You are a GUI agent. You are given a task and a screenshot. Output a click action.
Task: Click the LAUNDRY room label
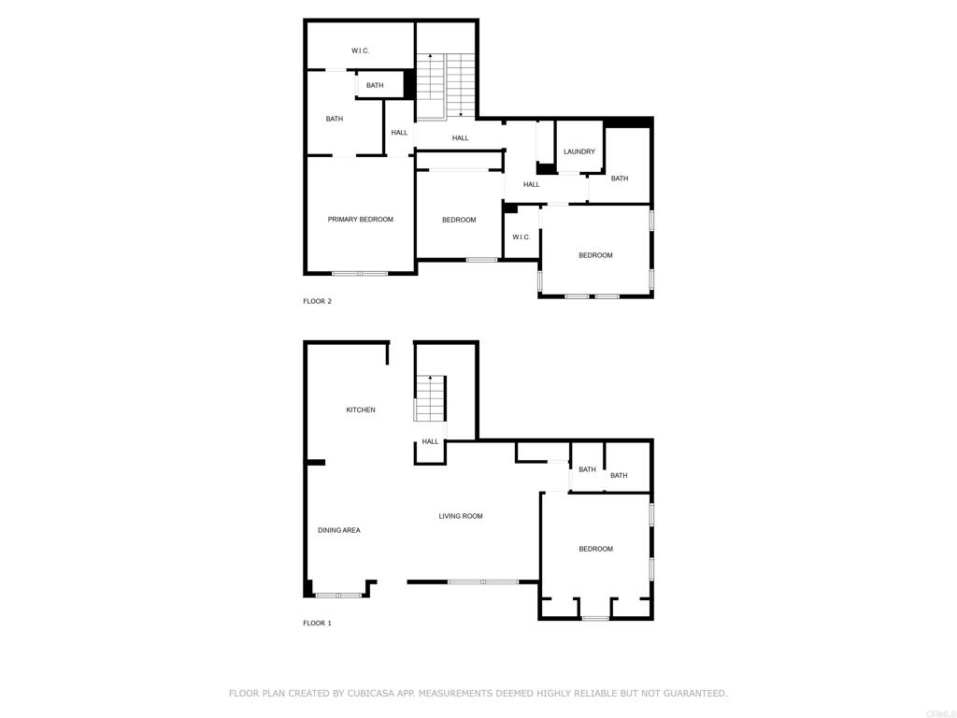[579, 151]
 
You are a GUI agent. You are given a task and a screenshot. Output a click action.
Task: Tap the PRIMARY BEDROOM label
[360, 220]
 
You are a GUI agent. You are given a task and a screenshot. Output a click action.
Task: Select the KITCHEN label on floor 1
[361, 409]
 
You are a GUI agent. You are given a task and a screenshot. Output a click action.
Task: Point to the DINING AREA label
[338, 530]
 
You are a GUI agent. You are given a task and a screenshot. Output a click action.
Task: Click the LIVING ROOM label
[461, 516]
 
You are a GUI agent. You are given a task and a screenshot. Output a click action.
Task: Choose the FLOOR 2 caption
[317, 301]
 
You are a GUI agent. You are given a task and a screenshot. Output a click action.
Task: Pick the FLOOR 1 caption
[317, 623]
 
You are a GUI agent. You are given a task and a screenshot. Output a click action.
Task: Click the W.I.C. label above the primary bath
[360, 50]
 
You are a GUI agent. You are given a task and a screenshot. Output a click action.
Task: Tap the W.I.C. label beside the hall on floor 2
[521, 237]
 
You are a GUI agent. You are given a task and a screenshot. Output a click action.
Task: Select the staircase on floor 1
[430, 399]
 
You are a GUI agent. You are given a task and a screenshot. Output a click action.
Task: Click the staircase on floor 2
[445, 86]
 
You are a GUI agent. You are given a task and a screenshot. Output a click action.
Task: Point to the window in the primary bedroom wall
[360, 273]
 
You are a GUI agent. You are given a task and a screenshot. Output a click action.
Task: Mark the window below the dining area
[338, 595]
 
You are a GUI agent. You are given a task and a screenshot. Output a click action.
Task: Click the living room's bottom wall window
[482, 582]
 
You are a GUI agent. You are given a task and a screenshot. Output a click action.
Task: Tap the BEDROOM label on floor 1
[595, 549]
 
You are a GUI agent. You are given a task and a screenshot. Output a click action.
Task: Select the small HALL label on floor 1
[430, 441]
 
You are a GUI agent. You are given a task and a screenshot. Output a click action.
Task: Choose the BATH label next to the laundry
[620, 179]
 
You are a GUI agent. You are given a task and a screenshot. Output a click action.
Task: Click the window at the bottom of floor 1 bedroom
[594, 618]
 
